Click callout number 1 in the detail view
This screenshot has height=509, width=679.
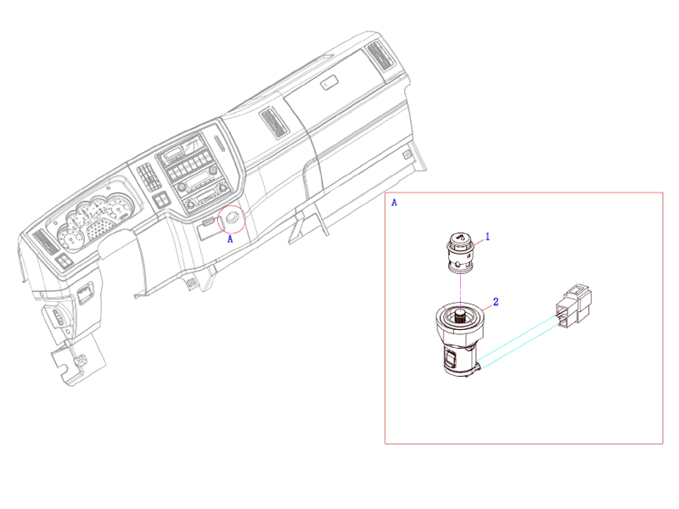click(488, 237)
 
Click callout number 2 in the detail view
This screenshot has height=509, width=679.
click(496, 301)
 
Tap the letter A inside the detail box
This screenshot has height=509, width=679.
click(393, 204)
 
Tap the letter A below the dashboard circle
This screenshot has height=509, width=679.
click(230, 240)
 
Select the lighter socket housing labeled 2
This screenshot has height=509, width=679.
click(458, 339)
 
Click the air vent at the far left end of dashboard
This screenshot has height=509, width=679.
click(44, 243)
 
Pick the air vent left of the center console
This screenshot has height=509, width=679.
click(151, 177)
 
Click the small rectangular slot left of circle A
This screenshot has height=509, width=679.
click(208, 227)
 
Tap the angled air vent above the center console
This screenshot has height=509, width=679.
click(275, 123)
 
